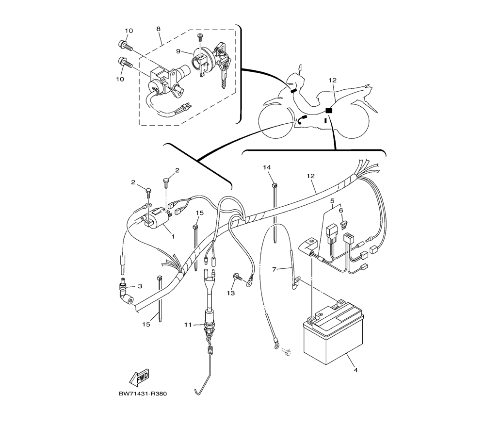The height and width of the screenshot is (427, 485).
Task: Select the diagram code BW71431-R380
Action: (143, 394)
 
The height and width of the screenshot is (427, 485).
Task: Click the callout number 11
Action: (188, 325)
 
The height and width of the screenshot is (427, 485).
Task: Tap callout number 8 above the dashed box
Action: (159, 29)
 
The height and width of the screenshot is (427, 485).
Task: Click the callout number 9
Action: (178, 51)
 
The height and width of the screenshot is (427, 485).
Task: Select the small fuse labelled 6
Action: (342, 224)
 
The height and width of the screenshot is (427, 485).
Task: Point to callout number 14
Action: (267, 167)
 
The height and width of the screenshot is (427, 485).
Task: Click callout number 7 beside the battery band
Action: (274, 269)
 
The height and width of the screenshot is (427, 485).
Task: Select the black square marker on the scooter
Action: (329, 110)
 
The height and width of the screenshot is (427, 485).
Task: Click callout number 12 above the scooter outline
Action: (333, 80)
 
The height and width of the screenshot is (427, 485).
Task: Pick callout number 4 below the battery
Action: (356, 370)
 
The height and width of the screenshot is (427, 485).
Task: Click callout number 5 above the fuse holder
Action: (333, 200)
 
